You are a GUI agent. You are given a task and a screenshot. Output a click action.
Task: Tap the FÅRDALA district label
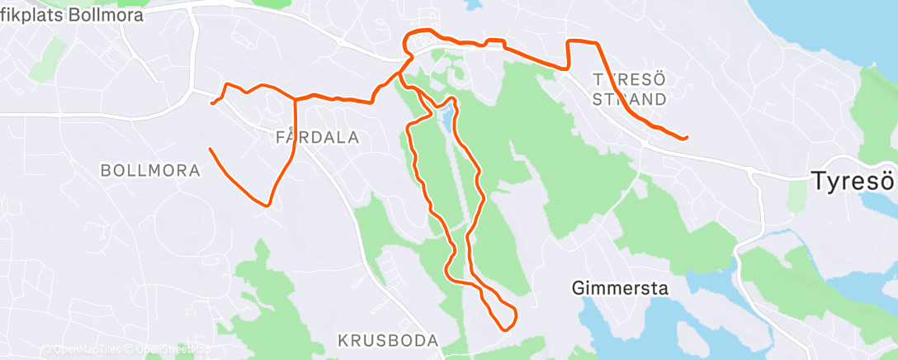click(318, 138)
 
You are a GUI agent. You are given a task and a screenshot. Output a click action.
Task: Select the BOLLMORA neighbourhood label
click(150, 171)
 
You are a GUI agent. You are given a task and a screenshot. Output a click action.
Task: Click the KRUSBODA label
click(388, 340)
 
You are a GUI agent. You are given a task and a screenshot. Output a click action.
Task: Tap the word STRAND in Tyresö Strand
click(630, 99)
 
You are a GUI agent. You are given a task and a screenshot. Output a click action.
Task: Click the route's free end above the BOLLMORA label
click(210, 149)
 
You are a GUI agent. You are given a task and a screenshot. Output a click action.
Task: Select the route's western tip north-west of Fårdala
click(213, 103)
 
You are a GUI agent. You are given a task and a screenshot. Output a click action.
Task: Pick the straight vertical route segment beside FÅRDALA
click(295, 128)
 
